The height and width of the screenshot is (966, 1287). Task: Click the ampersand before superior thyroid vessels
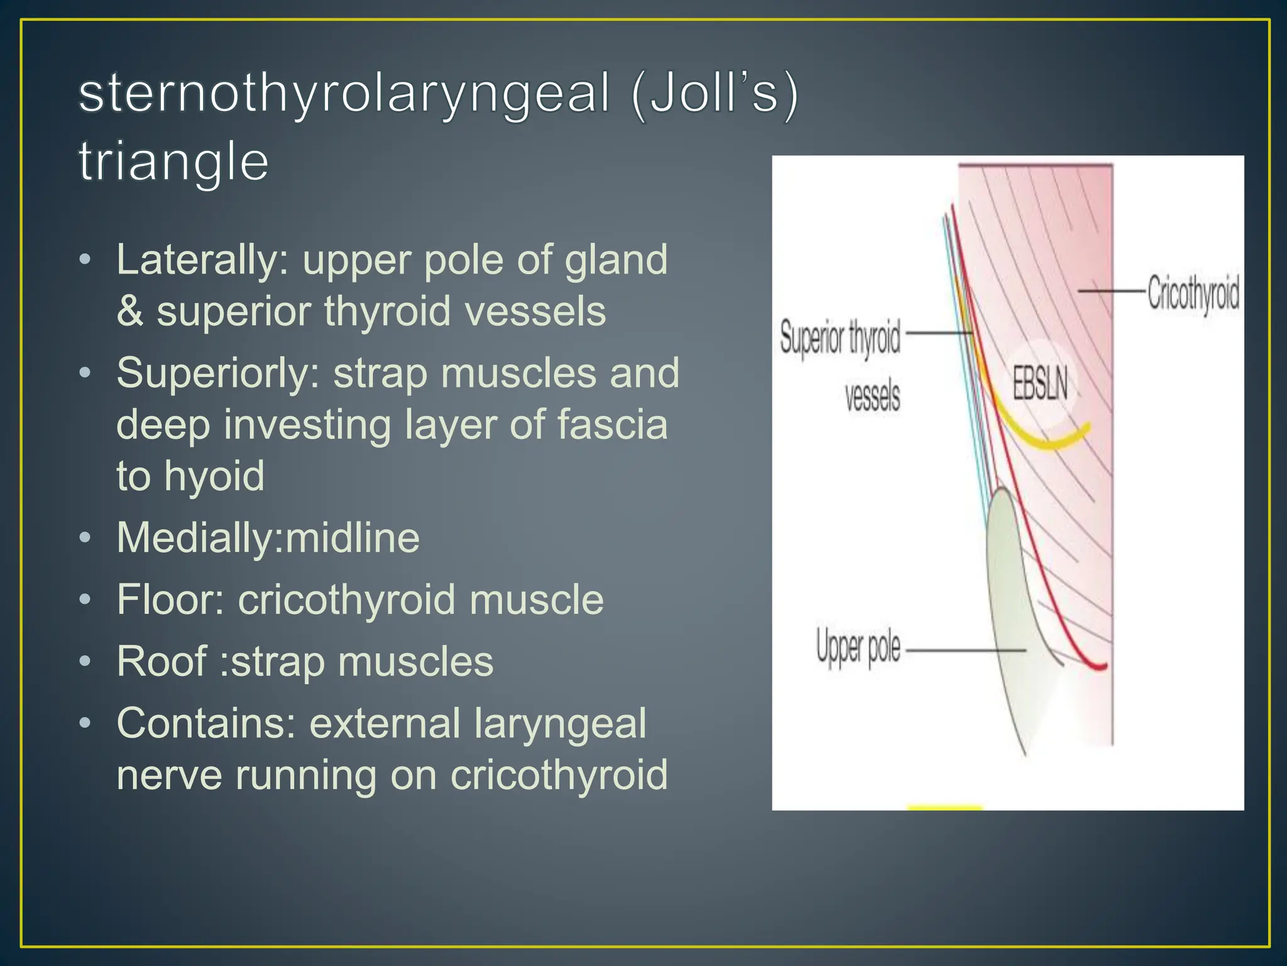point(130,311)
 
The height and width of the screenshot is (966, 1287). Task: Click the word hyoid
point(214,475)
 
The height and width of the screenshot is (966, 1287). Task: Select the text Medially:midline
point(268,538)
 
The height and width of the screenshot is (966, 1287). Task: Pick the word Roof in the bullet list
point(162,662)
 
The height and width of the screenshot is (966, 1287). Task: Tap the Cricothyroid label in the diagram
point(1193,292)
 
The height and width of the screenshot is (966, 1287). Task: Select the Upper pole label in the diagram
point(858,648)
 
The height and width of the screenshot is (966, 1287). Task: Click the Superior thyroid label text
point(840,338)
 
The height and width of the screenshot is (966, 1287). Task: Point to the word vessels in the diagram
point(872,396)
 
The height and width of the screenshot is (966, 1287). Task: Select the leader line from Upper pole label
point(965,650)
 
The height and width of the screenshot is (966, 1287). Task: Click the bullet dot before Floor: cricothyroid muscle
point(85,599)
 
